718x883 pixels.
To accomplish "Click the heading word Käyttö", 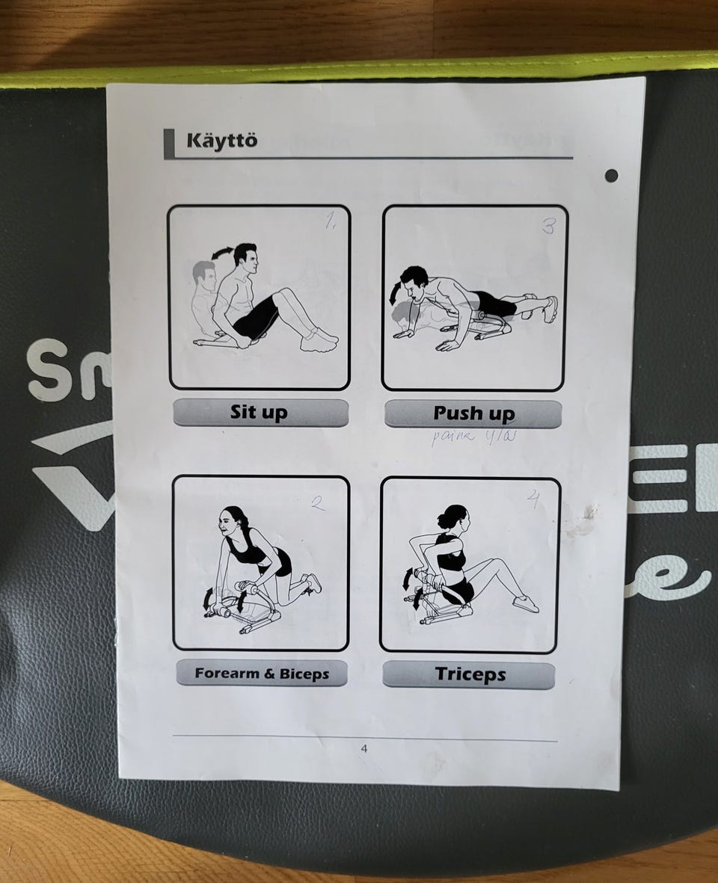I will [x=221, y=141].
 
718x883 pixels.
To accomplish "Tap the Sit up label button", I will [x=260, y=413].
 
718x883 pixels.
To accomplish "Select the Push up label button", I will [x=473, y=413].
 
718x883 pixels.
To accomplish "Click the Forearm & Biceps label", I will [x=262, y=674].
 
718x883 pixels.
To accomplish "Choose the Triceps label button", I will [x=469, y=675].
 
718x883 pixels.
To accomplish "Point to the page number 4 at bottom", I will [x=364, y=748].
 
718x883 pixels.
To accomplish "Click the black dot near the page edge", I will [x=611, y=175].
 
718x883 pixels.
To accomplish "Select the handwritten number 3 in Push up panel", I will [x=548, y=227].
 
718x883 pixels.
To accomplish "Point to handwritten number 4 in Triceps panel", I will [x=534, y=500].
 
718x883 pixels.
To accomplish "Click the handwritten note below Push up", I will [x=473, y=437].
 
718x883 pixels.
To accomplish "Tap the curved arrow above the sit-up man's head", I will [x=221, y=255].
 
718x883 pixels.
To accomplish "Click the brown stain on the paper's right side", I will [x=581, y=521].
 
